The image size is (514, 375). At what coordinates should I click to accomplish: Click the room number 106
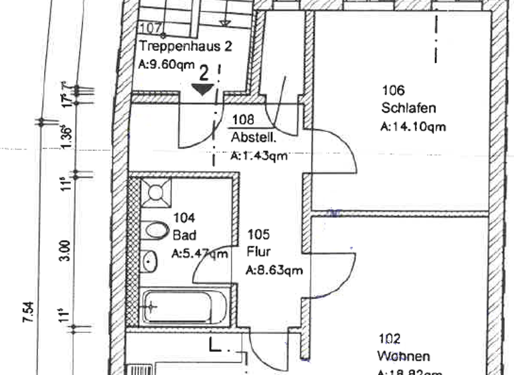pyautogui.click(x=394, y=90)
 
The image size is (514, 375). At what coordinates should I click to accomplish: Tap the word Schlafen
pyautogui.click(x=409, y=108)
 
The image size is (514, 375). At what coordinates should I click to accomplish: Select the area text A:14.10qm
pyautogui.click(x=413, y=125)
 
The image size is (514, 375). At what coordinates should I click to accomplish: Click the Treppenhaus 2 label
pyautogui.click(x=185, y=47)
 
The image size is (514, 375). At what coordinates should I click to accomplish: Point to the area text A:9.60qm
pyautogui.click(x=166, y=65)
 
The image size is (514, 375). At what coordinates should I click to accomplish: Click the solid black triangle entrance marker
pyautogui.click(x=202, y=88)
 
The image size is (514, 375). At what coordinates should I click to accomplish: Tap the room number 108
pyautogui.click(x=244, y=121)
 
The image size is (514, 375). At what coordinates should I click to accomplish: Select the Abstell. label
pyautogui.click(x=253, y=139)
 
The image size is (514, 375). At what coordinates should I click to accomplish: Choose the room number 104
pyautogui.click(x=184, y=218)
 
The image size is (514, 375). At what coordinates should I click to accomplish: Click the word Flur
pyautogui.click(x=258, y=252)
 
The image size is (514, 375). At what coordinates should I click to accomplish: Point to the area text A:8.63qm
pyautogui.click(x=274, y=271)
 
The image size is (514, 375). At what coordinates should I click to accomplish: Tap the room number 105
pyautogui.click(x=258, y=234)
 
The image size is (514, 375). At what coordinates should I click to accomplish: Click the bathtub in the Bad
pyautogui.click(x=185, y=306)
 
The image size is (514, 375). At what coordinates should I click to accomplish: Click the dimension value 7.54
pyautogui.click(x=28, y=313)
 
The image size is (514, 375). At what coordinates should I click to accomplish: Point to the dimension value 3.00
pyautogui.click(x=64, y=252)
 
